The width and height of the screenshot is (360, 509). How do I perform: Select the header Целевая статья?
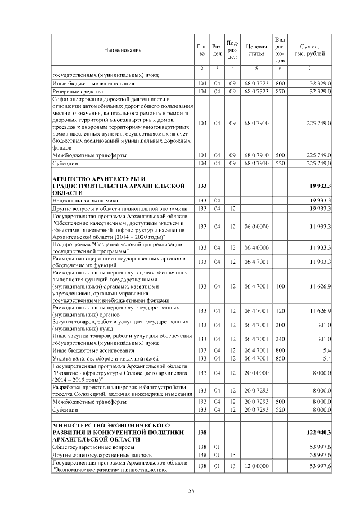(x=256, y=51)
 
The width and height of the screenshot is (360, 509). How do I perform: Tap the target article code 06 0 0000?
(x=256, y=226)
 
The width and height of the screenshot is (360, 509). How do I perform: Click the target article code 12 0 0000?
(x=256, y=466)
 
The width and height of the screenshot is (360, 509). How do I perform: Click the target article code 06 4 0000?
(x=256, y=247)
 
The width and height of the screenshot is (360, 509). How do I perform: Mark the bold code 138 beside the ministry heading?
(x=202, y=432)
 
